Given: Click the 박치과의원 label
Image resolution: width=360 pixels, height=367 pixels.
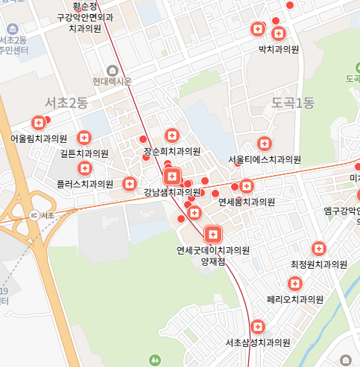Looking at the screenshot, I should tap(278, 49).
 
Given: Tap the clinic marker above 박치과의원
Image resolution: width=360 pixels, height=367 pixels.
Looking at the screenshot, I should tap(279, 33).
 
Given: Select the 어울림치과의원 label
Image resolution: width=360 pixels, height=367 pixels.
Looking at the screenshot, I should tap(39, 138).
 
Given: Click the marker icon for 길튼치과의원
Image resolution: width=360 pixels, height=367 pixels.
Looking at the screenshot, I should tap(83, 138).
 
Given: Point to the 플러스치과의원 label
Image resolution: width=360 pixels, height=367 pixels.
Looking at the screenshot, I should tap(85, 183).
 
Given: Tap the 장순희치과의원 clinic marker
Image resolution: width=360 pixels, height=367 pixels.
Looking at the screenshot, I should tap(172, 135).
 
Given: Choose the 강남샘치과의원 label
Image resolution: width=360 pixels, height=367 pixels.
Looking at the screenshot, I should tap(173, 192).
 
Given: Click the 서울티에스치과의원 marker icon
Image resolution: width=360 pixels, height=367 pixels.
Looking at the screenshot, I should tap(264, 144).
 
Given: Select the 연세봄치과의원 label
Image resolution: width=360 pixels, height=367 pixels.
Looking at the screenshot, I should tap(247, 202).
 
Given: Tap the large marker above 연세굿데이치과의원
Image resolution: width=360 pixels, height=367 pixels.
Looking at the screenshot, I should tap(212, 234).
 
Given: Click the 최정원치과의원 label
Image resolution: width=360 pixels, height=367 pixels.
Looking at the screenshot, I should tap(319, 264).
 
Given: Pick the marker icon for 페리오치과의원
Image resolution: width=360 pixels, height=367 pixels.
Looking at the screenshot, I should tap(295, 284).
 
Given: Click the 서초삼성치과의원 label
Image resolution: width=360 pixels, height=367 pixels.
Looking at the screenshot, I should tap(257, 342).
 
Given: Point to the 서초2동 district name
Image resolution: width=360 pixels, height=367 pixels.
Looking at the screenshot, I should tap(66, 102).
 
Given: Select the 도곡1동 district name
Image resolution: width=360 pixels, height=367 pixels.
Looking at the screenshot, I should tap(293, 102).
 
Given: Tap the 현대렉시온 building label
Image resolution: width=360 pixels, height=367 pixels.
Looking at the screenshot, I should tap(113, 81).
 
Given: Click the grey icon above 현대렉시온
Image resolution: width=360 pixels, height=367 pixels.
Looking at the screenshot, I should tap(113, 70).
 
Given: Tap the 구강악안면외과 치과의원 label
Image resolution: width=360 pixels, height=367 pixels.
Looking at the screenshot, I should tap(84, 22).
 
